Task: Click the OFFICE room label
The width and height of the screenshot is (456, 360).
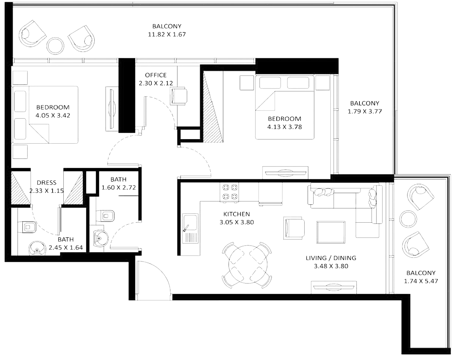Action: tap(156, 75)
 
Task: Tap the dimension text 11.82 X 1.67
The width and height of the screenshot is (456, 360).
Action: tap(167, 34)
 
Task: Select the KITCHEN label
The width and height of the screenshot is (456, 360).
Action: tap(237, 214)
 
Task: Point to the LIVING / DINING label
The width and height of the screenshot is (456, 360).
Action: tap(331, 258)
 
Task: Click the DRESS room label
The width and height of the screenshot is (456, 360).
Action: tap(47, 182)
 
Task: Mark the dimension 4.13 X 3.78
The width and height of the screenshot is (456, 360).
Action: tap(284, 127)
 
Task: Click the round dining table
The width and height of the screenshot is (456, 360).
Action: tap(248, 264)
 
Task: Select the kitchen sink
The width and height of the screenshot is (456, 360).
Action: tap(190, 228)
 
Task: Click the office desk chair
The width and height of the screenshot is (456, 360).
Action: tap(179, 96)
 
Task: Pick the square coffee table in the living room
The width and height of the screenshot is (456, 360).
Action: tap(331, 232)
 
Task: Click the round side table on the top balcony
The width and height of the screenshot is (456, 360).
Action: tap(55, 46)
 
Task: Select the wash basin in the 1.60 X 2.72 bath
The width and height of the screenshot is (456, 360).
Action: tap(100, 238)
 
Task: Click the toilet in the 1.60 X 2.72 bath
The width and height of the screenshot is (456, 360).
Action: tap(105, 216)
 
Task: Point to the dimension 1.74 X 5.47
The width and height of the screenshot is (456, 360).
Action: tap(421, 281)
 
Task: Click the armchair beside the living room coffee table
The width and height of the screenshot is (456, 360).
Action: tap(294, 228)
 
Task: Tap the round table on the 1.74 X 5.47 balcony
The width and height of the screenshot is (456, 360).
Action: tap(408, 219)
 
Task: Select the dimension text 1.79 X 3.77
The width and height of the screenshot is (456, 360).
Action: tap(365, 111)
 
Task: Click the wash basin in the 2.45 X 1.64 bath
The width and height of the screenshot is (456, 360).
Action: tap(37, 248)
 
